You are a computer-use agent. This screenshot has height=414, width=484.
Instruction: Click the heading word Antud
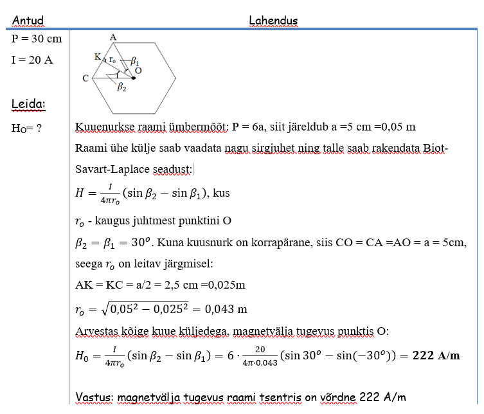click(x=28, y=21)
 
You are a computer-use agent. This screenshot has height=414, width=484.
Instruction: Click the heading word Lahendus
click(x=273, y=21)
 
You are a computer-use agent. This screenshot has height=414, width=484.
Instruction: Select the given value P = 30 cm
click(x=37, y=39)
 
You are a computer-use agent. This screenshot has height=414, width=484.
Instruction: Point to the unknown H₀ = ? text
click(x=27, y=128)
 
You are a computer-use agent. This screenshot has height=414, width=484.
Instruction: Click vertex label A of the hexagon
click(x=113, y=37)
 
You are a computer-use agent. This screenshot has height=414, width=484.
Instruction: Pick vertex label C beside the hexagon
click(x=85, y=78)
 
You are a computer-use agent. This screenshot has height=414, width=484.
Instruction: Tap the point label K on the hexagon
click(x=97, y=57)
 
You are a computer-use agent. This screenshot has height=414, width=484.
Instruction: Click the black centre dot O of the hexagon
click(x=134, y=78)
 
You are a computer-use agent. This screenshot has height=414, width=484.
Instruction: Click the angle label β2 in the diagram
click(x=121, y=89)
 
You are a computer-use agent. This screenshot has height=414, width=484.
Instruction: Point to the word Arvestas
click(x=96, y=331)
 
